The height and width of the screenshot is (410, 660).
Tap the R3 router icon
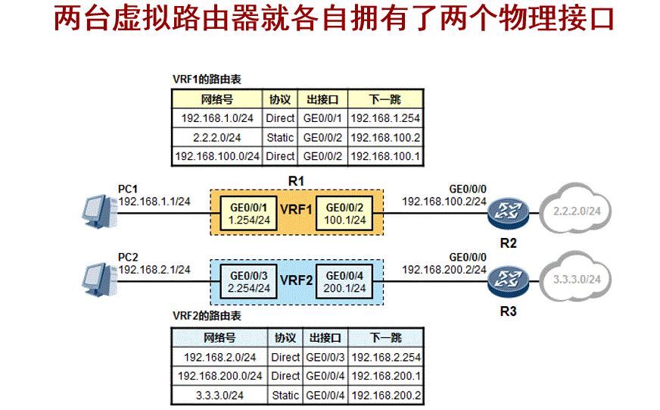click(505, 281)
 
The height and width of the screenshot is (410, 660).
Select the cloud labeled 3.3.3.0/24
click(577, 280)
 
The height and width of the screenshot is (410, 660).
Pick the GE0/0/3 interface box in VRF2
click(250, 282)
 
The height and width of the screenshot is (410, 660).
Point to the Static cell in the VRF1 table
click(280, 137)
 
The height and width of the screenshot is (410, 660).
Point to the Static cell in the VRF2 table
click(285, 395)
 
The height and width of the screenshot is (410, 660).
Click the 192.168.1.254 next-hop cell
click(385, 118)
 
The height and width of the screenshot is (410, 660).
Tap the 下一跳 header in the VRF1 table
click(385, 99)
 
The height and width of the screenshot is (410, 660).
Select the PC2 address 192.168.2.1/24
click(154, 270)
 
